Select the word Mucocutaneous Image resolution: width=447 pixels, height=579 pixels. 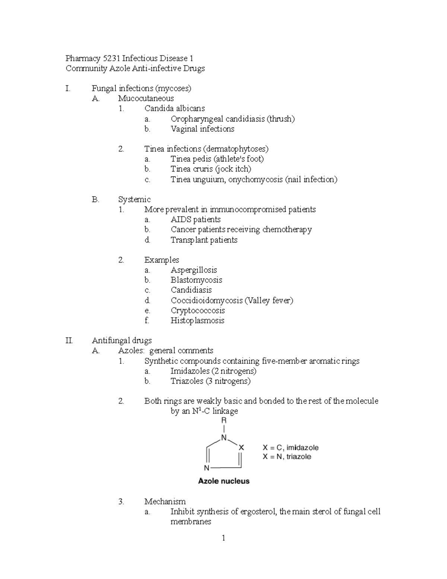[146, 98]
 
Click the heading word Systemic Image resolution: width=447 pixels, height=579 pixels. [134, 199]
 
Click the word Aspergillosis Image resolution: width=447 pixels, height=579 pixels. [194, 270]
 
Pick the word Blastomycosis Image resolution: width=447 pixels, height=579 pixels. [196, 280]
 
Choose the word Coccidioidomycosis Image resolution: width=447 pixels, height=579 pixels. [206, 300]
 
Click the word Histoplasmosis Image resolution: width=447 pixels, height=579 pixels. [197, 321]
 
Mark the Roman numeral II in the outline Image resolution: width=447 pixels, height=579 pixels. [69, 340]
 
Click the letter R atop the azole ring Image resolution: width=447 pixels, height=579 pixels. [224, 421]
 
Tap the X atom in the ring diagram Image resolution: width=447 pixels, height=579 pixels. [241, 447]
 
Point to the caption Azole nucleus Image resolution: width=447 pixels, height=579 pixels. [223, 481]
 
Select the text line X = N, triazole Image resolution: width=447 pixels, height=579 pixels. [286, 457]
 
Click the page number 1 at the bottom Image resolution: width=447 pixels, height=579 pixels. [223, 538]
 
